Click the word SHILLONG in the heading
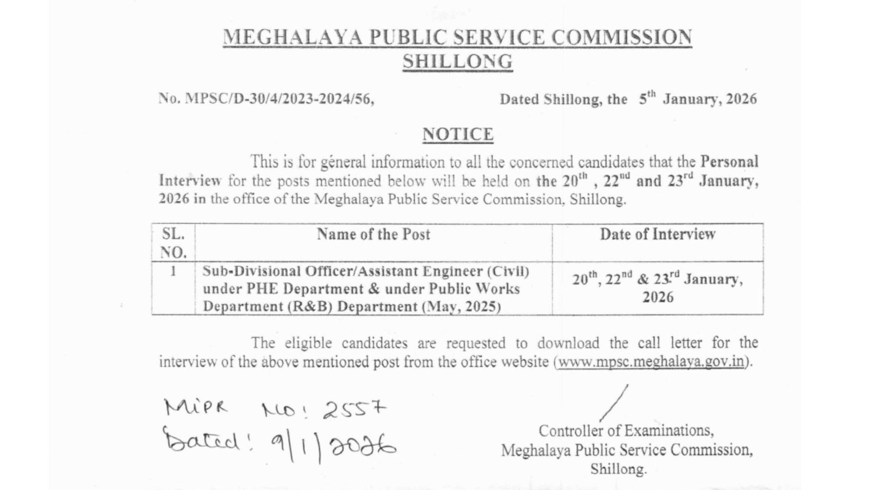[x=457, y=61]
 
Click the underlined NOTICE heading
[x=458, y=134]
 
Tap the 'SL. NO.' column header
[x=173, y=243]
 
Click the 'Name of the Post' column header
[x=374, y=234]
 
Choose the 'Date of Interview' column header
[x=657, y=234]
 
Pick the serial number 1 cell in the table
[x=173, y=271]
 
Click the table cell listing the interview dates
[x=657, y=288]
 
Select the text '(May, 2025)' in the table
[x=461, y=306]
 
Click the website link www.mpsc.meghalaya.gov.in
[x=651, y=362]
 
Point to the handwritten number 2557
[x=354, y=409]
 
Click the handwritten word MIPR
[x=197, y=407]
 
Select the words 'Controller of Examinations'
[x=625, y=431]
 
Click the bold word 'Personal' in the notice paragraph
[x=729, y=162]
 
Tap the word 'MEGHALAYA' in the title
[x=292, y=37]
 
